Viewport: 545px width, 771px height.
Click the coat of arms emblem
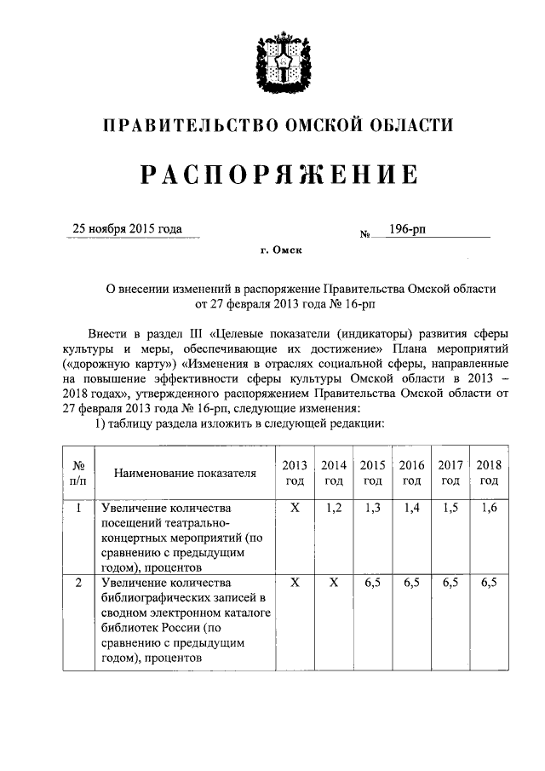pos(278,62)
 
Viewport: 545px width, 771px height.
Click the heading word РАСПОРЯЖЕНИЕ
pos(278,175)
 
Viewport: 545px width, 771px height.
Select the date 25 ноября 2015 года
pos(128,228)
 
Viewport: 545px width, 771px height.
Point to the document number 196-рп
pos(408,228)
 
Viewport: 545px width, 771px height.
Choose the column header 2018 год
pos(488,472)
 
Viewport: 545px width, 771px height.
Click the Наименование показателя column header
pos(185,473)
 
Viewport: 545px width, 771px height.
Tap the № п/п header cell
pos(77,473)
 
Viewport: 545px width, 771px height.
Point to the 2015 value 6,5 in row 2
pos(372,584)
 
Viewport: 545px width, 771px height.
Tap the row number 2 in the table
pos(77,584)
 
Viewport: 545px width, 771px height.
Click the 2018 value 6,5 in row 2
pos(488,584)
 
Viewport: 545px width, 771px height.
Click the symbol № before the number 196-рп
pos(364,232)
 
